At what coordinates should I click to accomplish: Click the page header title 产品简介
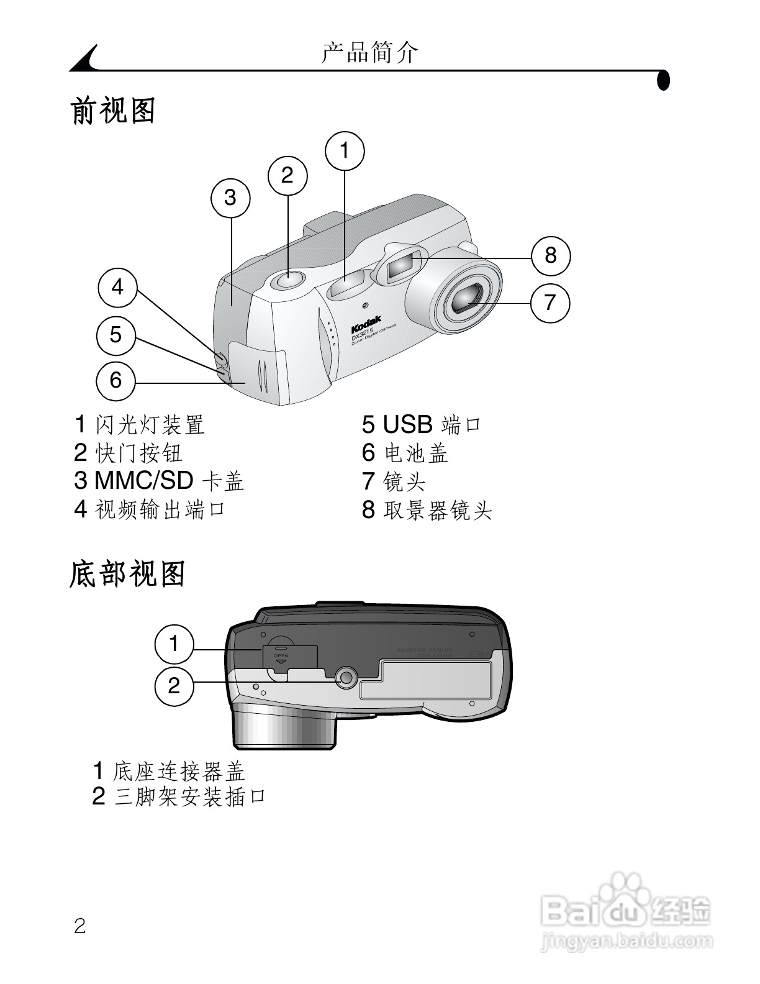coord(370,52)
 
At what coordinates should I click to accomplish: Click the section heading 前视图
coord(113,111)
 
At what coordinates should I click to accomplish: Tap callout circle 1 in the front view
coord(345,151)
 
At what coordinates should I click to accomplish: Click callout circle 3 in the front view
coord(230,198)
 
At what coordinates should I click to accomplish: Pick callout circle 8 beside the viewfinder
coord(551,255)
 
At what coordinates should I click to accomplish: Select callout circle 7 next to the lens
coord(550,303)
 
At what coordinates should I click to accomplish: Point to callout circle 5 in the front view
coord(116,335)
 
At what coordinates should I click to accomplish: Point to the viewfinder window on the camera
coord(401,265)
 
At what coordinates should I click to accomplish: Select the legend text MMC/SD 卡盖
coord(169,481)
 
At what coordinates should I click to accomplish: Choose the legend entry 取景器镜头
coord(438,511)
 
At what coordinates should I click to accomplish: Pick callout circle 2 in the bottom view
coord(174,686)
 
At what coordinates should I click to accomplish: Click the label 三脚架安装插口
coord(190,796)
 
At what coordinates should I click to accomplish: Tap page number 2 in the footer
coord(80,926)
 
